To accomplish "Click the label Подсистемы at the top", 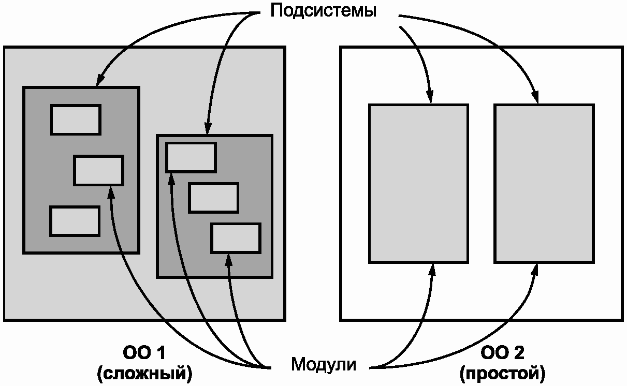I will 324,11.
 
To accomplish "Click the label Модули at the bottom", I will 324,364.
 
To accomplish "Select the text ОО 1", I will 144,353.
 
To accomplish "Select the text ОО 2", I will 502,353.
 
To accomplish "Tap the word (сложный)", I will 144,373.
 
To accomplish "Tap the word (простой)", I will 502,373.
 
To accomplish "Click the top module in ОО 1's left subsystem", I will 76,120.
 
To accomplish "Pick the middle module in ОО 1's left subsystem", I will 98,170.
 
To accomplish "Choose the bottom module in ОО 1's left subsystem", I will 75,221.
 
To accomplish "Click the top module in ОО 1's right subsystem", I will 191,158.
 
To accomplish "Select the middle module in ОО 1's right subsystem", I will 213,198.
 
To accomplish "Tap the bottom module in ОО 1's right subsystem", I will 236,238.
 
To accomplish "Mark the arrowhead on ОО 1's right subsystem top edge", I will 208,130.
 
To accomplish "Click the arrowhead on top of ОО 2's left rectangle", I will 430,99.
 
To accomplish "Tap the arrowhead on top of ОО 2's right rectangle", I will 536,99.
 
